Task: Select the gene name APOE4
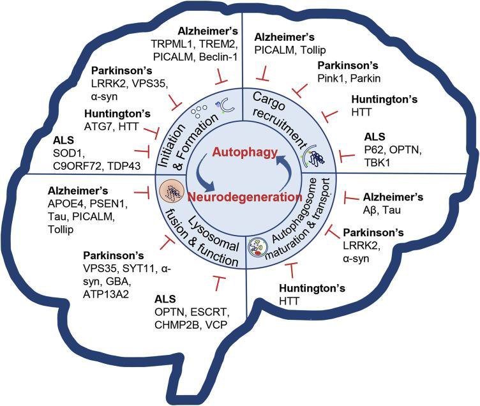point(61,204)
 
